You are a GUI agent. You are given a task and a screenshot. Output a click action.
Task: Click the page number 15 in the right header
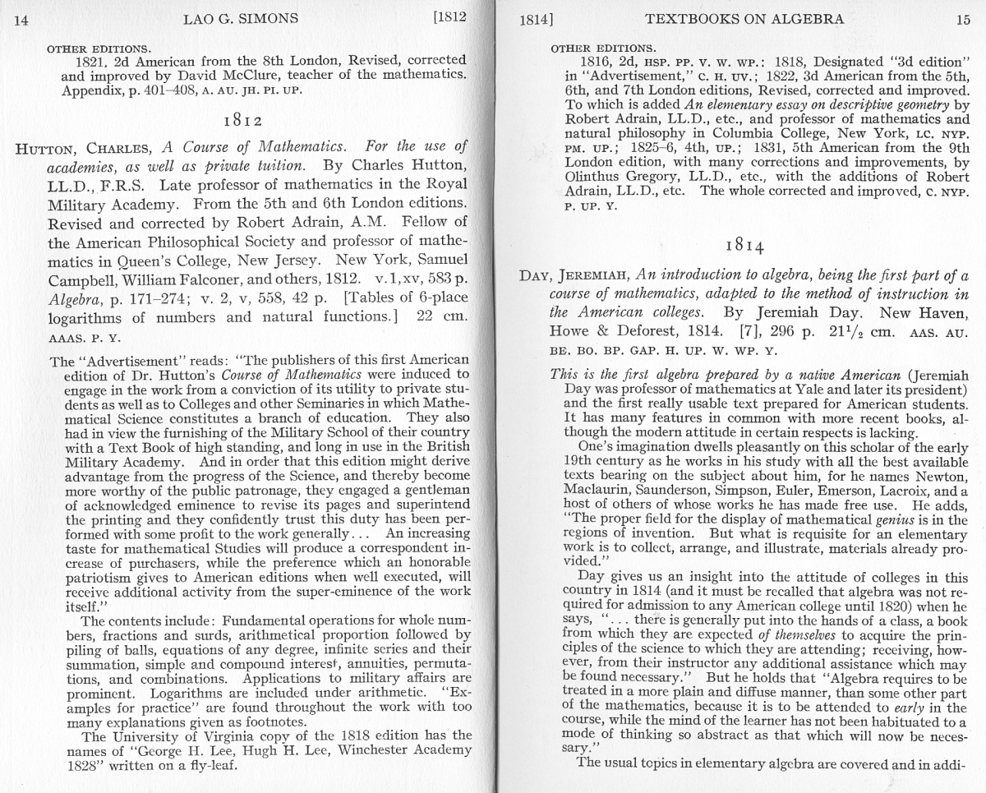(963, 20)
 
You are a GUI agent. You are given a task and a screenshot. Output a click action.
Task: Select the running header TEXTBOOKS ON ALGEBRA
(744, 19)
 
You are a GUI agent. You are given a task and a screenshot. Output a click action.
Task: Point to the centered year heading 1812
(243, 122)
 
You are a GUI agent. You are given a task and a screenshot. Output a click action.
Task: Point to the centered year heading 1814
(746, 246)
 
